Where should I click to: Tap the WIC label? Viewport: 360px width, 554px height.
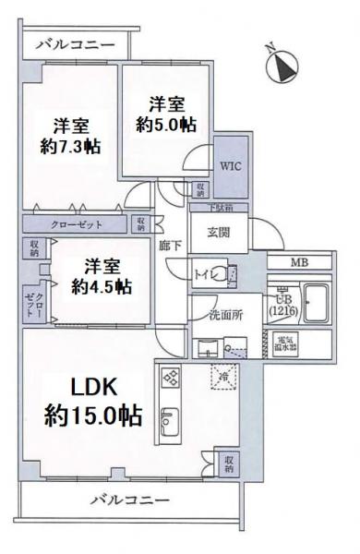click(230, 168)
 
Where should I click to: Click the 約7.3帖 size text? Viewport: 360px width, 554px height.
click(71, 146)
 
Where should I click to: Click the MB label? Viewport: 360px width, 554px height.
click(300, 263)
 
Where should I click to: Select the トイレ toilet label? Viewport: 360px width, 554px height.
click(205, 273)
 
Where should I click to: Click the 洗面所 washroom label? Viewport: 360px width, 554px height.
click(224, 314)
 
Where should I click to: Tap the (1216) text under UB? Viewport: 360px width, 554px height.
click(283, 312)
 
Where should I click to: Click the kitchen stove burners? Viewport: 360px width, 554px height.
click(171, 379)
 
